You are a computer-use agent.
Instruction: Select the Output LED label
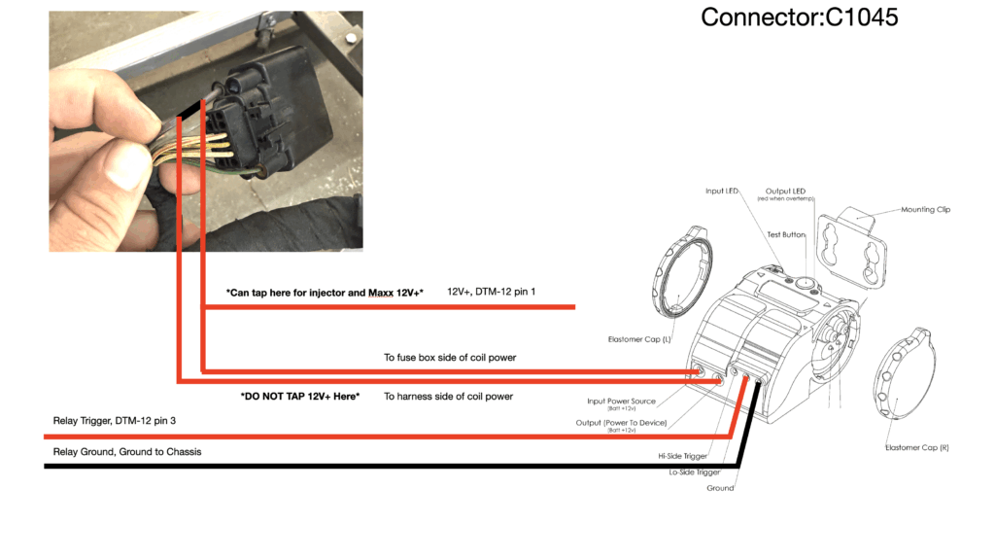[x=785, y=192]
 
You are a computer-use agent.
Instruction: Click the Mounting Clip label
[x=930, y=209]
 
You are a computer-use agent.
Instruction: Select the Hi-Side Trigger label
[x=684, y=455]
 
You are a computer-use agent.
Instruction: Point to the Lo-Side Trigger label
[x=696, y=472]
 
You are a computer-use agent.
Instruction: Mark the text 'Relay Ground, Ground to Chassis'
[x=127, y=452]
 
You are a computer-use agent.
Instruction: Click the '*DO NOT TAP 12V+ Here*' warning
[x=300, y=397]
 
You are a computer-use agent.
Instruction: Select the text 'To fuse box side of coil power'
[x=450, y=358]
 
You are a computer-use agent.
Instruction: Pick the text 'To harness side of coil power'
[x=448, y=397]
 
